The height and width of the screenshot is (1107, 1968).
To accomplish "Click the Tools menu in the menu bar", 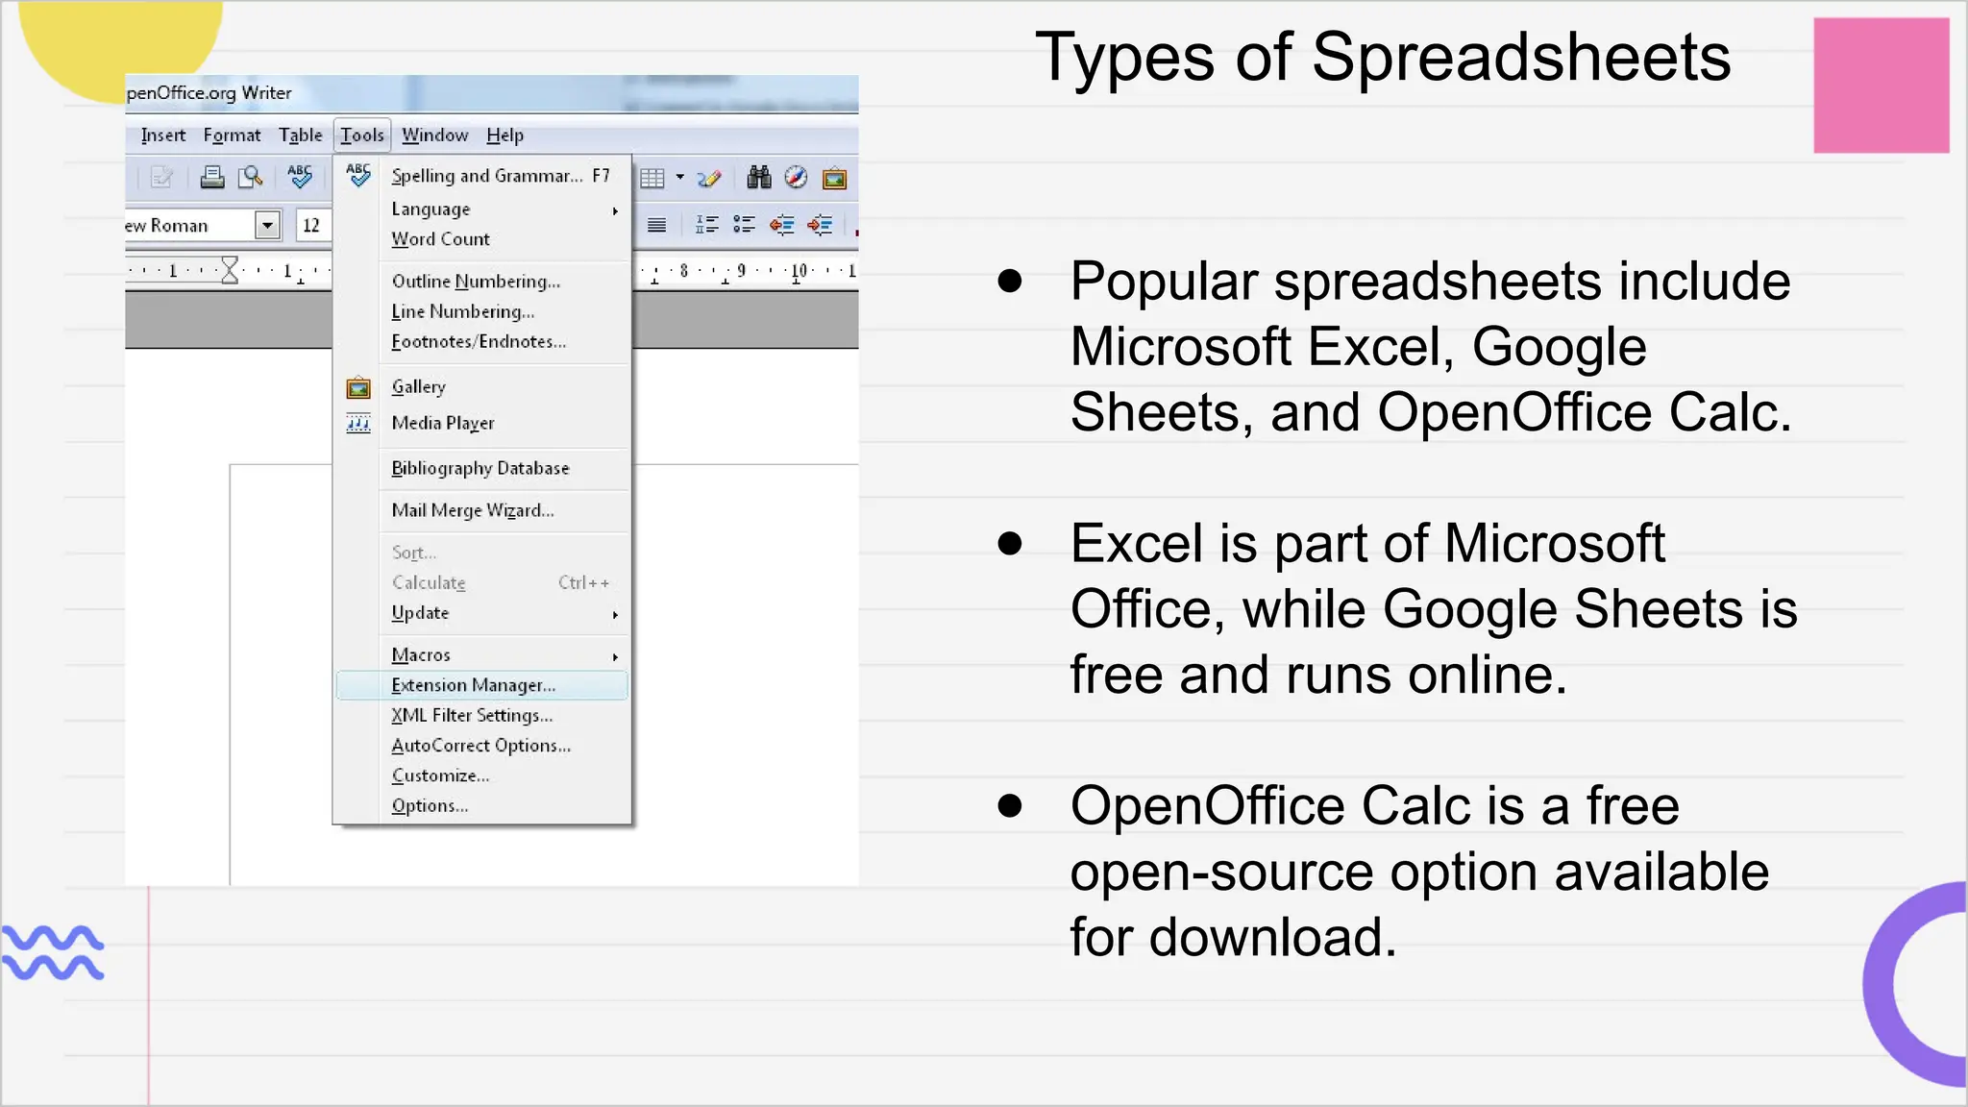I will coord(362,135).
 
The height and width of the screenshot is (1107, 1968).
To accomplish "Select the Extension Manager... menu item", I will coord(473,685).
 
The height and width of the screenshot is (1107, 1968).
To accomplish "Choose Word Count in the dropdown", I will coord(440,239).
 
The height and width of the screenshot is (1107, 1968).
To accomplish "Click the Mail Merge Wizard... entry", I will coord(472,510).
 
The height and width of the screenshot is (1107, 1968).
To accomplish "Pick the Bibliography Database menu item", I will coord(480,468).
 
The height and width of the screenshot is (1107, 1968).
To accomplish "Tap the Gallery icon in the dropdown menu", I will coord(358,387).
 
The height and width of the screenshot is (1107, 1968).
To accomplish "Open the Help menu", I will coord(504,135).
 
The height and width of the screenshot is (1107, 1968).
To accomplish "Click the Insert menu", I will coord(162,135).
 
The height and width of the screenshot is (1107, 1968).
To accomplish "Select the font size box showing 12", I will coord(311,225).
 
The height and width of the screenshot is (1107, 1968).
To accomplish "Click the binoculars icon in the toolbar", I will coord(759,177).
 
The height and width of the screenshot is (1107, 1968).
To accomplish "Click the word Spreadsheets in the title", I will coord(1520,58).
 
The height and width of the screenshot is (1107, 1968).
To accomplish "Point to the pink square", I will coord(1881,86).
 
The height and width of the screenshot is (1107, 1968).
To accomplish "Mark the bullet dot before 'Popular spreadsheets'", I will coord(1009,281).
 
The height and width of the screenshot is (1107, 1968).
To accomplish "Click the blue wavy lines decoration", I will coord(53,952).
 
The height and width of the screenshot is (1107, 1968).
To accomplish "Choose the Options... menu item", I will coord(430,806).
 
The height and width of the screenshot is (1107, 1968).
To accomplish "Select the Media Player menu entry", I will coord(442,423).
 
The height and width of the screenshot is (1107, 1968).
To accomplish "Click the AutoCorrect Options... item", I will coord(480,746).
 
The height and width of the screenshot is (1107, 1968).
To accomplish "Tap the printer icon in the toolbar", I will coord(211,177).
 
